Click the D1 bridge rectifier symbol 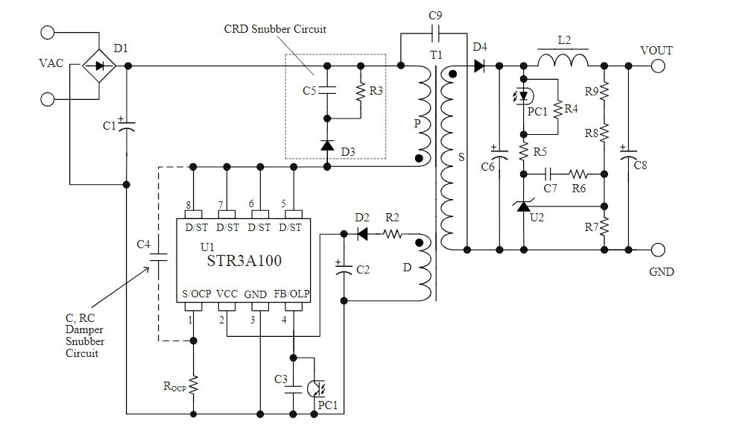point(98,66)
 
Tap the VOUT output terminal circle point(658,66)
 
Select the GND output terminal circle point(658,250)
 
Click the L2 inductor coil point(563,60)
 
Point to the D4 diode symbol point(478,66)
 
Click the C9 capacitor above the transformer point(436,34)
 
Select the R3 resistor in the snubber point(361,91)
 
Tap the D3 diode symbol point(327,144)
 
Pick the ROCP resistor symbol point(194,385)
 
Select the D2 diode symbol point(363,234)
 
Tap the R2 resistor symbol point(393,234)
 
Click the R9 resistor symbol point(605,91)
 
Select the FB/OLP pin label point(291,294)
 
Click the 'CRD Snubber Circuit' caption point(275,29)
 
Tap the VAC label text point(51,64)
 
